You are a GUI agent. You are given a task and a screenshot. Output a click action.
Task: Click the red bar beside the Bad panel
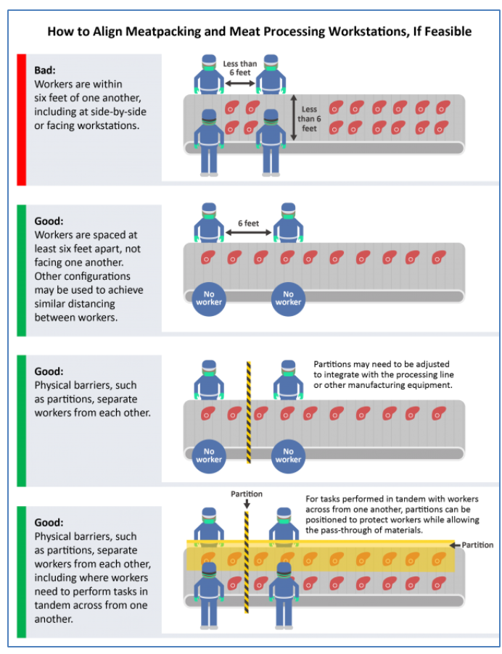coord(21,119)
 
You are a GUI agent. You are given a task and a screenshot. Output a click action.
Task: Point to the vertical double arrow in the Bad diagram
coord(293,117)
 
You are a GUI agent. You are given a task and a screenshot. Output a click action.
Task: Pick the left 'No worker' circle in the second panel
coord(209,297)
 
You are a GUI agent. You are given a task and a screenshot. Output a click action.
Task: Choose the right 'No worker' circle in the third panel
coord(288,455)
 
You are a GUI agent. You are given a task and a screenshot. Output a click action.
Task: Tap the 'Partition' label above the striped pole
coord(247,494)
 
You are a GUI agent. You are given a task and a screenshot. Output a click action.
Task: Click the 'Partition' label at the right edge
coord(478,545)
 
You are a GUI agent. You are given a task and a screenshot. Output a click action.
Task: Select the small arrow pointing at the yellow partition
coord(456,545)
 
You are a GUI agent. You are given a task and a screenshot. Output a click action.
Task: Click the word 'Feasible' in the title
coord(445,31)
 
